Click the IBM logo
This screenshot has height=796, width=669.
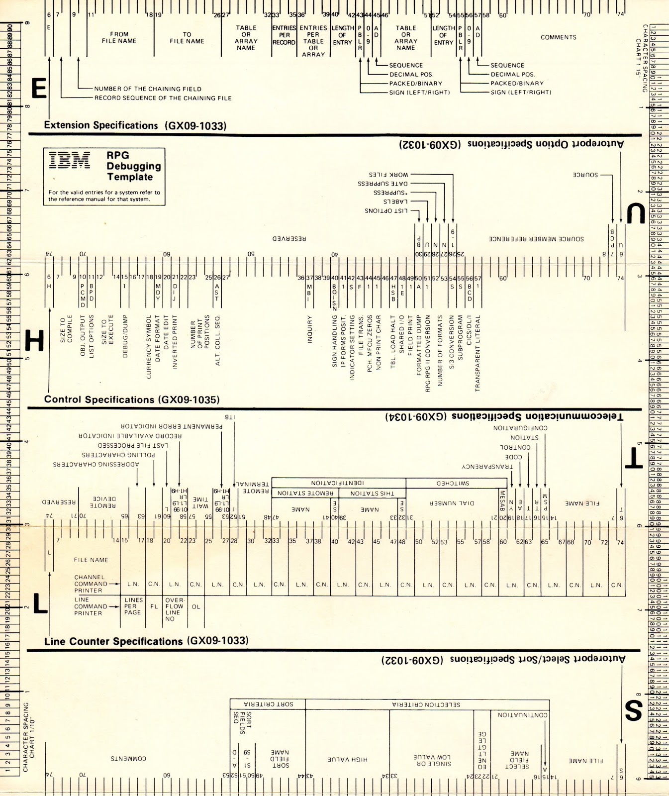(x=70, y=161)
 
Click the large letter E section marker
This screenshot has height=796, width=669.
(x=39, y=89)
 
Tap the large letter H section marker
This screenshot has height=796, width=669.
(x=34, y=342)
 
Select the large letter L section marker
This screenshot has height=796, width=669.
(x=40, y=603)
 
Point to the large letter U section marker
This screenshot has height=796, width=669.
(x=635, y=214)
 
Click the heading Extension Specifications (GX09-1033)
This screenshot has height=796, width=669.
(x=135, y=125)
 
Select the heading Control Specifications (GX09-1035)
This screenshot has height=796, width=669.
(x=132, y=399)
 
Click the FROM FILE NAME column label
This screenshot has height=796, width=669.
(x=119, y=37)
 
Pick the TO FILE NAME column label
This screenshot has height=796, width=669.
(x=187, y=38)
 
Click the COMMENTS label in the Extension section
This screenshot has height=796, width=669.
(x=559, y=37)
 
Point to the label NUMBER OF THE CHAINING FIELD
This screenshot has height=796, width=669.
(x=148, y=89)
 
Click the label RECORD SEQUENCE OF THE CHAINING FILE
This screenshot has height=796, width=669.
(x=163, y=98)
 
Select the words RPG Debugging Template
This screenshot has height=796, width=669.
(x=134, y=166)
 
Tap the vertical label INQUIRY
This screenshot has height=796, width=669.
(x=309, y=329)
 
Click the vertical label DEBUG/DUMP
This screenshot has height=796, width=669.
(x=125, y=336)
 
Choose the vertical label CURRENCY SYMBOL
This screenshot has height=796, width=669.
(x=149, y=346)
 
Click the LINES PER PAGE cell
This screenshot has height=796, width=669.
(x=133, y=606)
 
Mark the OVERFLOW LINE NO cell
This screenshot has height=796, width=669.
(x=174, y=609)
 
